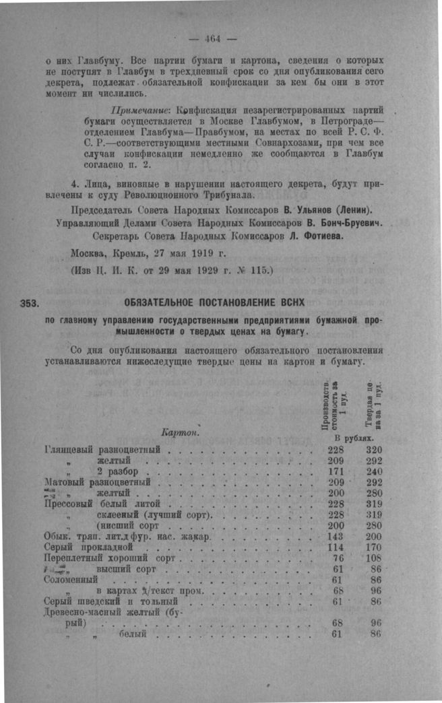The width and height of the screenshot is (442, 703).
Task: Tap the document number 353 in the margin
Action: coord(32,302)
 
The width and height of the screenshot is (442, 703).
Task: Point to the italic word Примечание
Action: coord(140,109)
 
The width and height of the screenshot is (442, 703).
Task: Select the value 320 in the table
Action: coord(375,450)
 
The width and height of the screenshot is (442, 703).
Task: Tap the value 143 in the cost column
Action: coord(336,536)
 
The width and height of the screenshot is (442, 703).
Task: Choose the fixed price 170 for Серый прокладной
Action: coord(373,547)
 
